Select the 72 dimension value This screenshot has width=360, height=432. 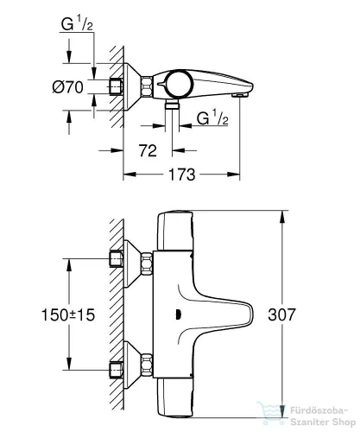click(x=148, y=151)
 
